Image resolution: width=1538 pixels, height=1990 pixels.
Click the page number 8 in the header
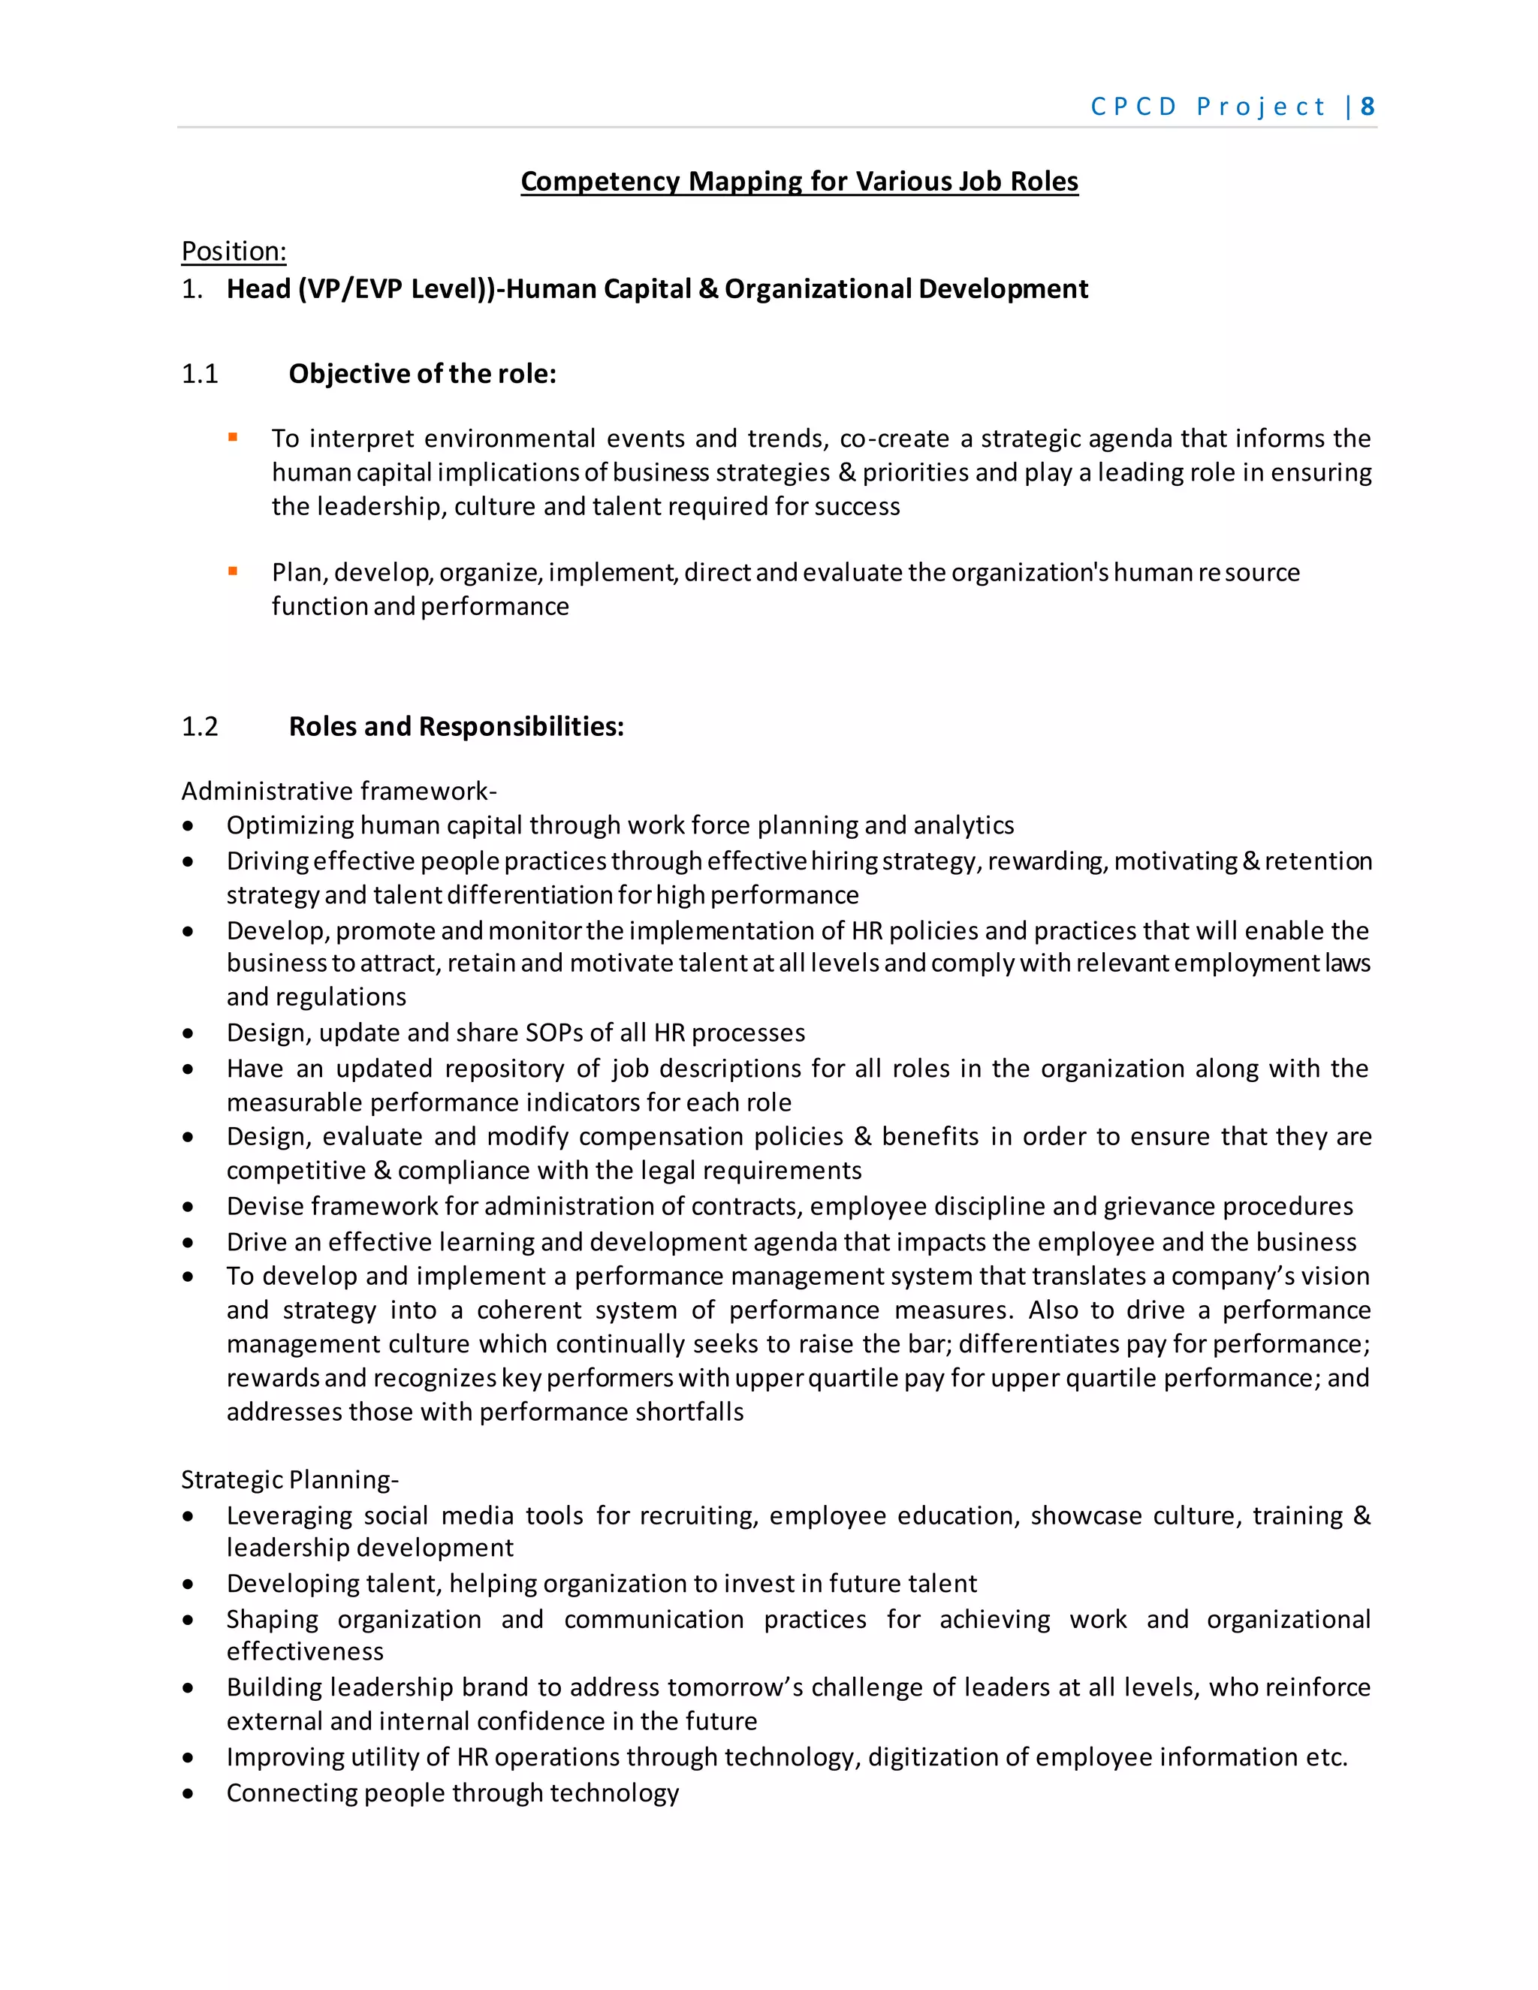coord(1367,107)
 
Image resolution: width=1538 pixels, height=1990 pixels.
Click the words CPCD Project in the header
coord(1208,107)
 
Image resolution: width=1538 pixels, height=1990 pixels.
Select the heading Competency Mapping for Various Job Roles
coord(799,181)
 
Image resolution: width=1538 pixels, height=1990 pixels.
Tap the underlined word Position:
coord(234,251)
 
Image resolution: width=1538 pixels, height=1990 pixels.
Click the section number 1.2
coord(200,726)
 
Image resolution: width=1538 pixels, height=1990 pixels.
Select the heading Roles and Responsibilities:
coord(456,726)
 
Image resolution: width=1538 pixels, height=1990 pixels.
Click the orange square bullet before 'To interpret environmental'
coord(234,437)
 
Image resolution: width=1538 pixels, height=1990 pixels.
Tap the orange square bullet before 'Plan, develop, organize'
coord(234,571)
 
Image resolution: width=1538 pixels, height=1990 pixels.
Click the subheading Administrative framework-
coord(339,790)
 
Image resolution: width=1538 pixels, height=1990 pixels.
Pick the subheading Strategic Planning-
coord(290,1479)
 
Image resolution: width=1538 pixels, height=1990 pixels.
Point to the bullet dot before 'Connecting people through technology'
coord(188,1793)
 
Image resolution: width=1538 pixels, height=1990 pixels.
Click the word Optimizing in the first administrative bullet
coord(290,825)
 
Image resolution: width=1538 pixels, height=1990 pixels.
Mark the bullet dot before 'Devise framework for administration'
coord(188,1207)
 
